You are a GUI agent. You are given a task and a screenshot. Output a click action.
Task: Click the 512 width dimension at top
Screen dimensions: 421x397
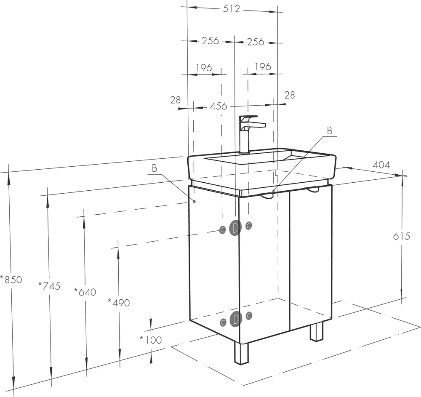231,9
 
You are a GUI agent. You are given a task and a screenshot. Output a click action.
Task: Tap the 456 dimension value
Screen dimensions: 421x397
218,106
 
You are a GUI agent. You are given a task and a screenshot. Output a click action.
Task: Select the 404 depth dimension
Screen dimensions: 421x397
381,165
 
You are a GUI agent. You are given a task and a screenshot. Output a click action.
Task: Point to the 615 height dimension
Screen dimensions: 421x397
402,236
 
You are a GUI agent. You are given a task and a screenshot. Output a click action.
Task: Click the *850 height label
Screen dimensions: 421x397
11,280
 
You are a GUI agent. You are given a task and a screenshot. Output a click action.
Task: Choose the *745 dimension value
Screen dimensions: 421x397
49,286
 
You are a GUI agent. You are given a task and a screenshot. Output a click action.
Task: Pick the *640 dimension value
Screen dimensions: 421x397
85,292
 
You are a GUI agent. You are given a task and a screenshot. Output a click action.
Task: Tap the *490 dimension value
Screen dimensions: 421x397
119,303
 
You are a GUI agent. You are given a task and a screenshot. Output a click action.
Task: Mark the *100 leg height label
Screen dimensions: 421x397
151,340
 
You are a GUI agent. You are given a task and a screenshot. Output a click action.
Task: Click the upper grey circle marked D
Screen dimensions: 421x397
235,228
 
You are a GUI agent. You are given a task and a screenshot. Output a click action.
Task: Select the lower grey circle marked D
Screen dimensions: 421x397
236,319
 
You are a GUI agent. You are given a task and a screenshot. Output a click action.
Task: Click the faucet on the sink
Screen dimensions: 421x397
250,134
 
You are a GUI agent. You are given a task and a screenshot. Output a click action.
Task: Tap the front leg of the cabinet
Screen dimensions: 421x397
241,353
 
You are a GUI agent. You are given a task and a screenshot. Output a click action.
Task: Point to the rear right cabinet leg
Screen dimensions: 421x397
317,332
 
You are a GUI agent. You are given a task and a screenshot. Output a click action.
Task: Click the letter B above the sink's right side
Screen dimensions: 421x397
330,131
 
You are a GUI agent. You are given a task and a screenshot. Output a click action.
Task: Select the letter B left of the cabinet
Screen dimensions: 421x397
155,168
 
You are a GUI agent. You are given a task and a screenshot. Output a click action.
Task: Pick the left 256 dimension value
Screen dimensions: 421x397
210,41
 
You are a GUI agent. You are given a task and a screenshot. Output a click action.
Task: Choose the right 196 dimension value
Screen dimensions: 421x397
263,67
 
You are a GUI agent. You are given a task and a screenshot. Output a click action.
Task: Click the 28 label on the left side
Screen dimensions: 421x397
175,100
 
